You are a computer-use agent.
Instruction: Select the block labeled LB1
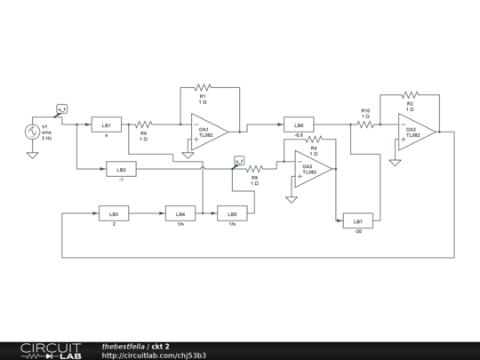[x=106, y=124]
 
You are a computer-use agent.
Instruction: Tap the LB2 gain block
[x=121, y=168]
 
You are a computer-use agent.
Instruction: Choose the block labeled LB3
[x=114, y=213]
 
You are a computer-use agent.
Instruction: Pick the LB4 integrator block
[x=180, y=213]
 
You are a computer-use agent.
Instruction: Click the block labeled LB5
[x=232, y=213]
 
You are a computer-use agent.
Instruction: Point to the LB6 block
[x=299, y=125]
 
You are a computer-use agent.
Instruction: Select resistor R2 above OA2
[x=409, y=93]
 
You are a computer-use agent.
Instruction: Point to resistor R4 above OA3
[x=313, y=140]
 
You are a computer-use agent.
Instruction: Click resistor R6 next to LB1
[x=144, y=125]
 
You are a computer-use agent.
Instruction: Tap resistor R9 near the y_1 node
[x=255, y=168]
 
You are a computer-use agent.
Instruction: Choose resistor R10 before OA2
[x=365, y=125]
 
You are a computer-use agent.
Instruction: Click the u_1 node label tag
[x=61, y=109]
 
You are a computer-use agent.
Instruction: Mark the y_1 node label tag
[x=238, y=160]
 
